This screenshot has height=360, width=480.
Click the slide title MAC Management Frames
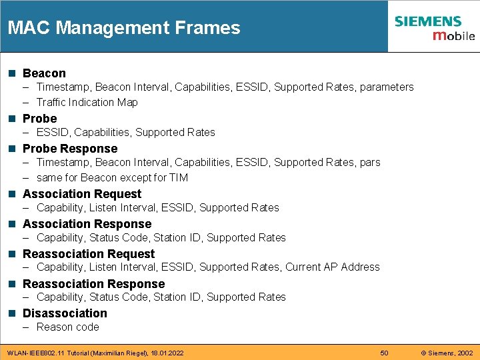point(124,28)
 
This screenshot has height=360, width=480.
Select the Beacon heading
point(44,73)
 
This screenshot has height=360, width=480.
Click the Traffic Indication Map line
point(87,102)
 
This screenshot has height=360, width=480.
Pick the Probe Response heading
point(70,149)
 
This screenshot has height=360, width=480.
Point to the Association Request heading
point(82,194)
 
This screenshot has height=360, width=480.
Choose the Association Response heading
point(87,224)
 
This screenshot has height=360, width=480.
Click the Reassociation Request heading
point(89,254)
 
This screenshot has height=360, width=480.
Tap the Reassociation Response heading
point(93,284)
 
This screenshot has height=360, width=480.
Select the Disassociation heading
point(65,313)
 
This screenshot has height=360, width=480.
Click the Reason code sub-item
point(67,327)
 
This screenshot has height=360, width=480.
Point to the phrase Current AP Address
point(333,267)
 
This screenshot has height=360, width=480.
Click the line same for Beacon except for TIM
point(112,177)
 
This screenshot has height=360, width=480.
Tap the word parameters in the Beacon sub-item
point(387,87)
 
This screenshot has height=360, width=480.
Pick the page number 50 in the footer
point(384,353)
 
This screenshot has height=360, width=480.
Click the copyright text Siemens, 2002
point(447,353)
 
